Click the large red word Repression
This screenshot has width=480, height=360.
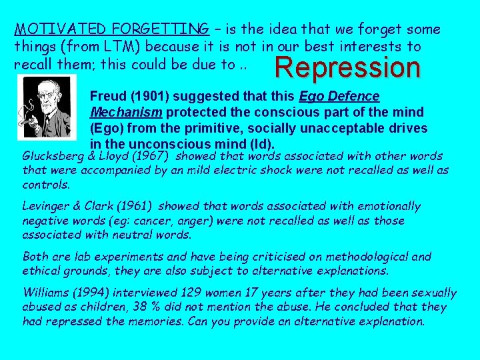click(348, 67)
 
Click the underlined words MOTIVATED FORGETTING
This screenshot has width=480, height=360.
click(111, 29)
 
